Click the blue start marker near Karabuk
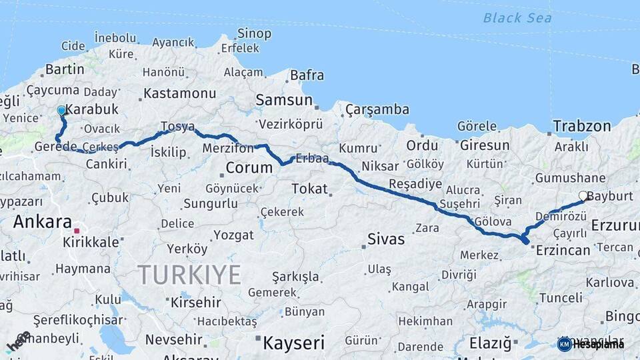click(x=61, y=110)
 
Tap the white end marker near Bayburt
click(x=583, y=196)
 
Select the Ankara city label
click(x=43, y=221)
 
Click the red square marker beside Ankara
click(x=77, y=231)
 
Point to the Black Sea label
click(x=517, y=18)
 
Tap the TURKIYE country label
click(x=189, y=274)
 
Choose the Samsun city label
click(x=285, y=101)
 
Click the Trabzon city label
click(x=581, y=126)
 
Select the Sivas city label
click(x=386, y=239)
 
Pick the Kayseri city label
click(x=293, y=343)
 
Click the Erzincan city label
click(x=563, y=250)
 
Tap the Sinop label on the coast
click(x=255, y=33)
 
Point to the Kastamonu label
click(x=180, y=93)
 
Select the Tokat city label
click(x=309, y=189)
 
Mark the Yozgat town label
click(x=233, y=235)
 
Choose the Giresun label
click(x=484, y=145)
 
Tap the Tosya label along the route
click(x=177, y=127)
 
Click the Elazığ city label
click(x=490, y=343)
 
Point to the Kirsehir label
click(x=196, y=302)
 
